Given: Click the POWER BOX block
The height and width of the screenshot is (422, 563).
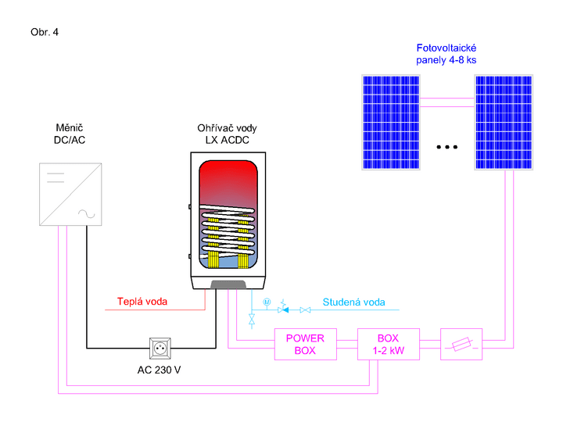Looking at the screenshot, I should coord(305,344).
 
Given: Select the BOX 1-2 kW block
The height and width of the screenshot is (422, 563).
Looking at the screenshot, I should coord(389,344).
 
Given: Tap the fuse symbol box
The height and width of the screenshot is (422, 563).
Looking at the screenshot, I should coord(461,344).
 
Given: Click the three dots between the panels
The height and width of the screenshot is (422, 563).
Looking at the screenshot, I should coord(448,147).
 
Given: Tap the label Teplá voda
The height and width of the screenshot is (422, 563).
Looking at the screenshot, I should coord(142,302).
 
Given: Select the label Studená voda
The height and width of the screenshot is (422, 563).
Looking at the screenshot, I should coord(353,302).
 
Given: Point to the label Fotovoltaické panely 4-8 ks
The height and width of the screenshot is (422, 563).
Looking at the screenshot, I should coord(446,54).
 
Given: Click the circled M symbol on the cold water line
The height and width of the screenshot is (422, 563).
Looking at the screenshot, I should coord(267,302).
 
